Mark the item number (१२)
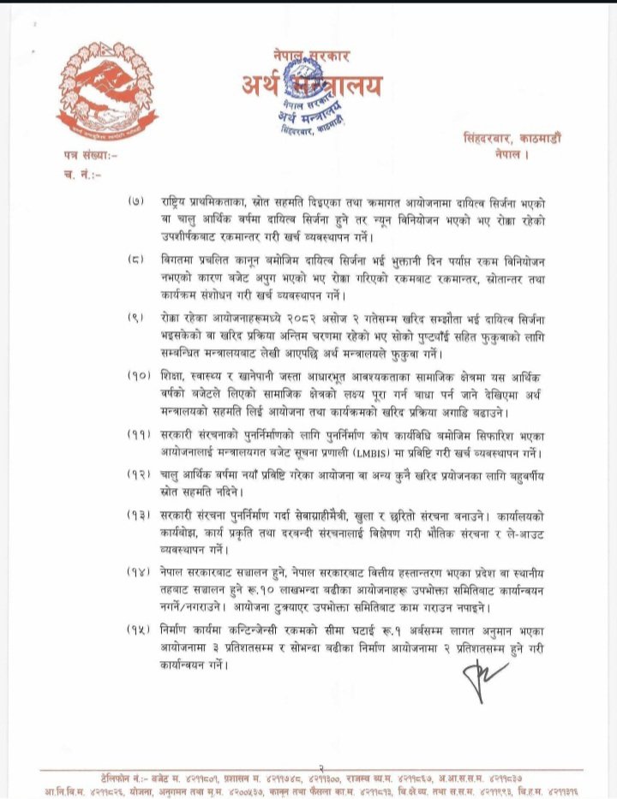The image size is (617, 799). click(137, 474)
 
